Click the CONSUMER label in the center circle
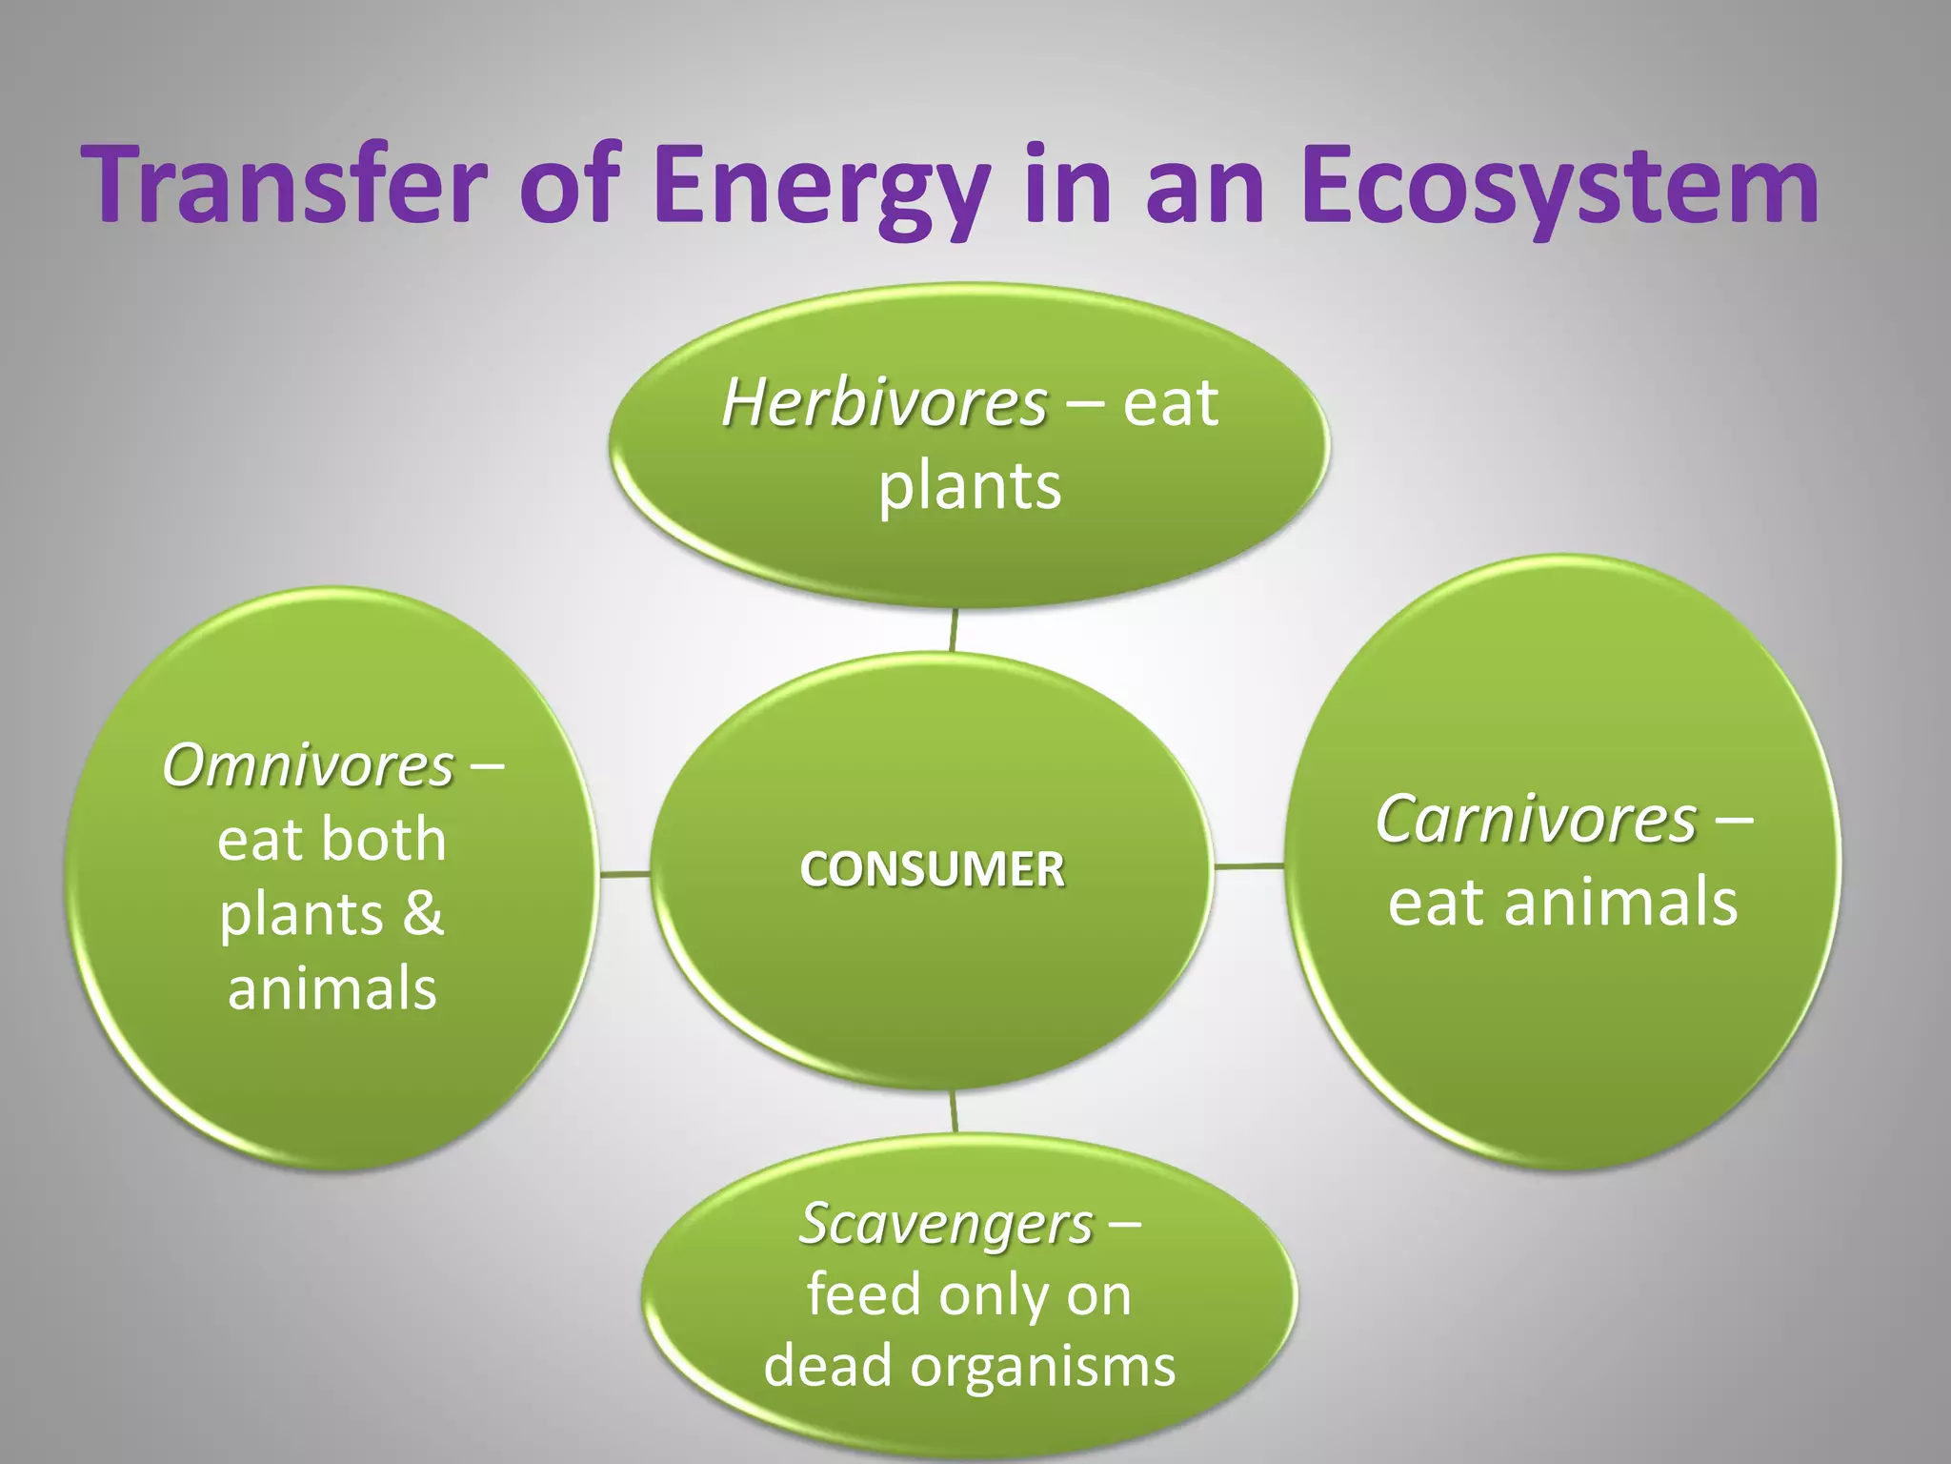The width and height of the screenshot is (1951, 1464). pos(932,869)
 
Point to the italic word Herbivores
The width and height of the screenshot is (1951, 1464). pos(884,403)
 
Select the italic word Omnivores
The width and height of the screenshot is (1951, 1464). pos(308,765)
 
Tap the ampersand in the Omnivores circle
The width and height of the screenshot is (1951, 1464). pos(423,913)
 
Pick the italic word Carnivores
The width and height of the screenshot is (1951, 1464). pos(1536,820)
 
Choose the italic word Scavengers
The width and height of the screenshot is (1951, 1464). pos(946,1223)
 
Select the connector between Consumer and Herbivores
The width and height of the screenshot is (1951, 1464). pos(953,630)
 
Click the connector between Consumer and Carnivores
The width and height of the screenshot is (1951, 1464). pos(1249,866)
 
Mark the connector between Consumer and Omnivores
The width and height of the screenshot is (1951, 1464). pos(625,873)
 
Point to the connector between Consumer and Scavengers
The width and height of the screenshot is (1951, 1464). pos(954,1111)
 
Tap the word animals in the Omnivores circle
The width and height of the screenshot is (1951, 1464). pos(332,988)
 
